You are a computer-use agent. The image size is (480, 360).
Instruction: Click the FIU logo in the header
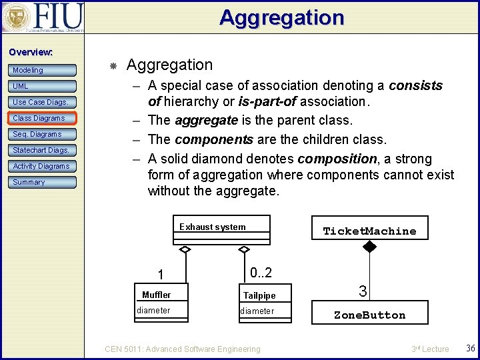tap(43, 17)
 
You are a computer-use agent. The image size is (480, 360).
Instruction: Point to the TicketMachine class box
tap(369, 231)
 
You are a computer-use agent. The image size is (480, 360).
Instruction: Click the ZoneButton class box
tap(369, 315)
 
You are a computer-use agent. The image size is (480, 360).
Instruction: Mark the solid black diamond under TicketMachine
tap(369, 247)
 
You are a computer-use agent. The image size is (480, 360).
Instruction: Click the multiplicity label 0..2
tap(260, 273)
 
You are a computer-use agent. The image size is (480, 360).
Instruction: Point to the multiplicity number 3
tap(363, 291)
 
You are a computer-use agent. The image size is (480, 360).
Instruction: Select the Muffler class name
tap(157, 295)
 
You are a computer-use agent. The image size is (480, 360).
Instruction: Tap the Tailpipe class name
tap(259, 295)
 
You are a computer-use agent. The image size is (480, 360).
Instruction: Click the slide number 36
tap(470, 349)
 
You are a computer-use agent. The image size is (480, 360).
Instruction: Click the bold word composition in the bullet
tap(337, 159)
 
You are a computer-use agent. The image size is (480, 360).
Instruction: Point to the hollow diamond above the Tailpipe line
tap(244, 249)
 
